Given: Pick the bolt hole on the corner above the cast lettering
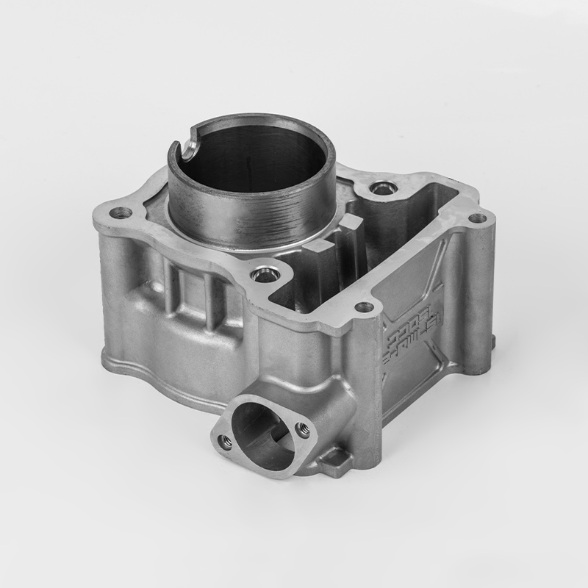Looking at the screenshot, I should point(363,306).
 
